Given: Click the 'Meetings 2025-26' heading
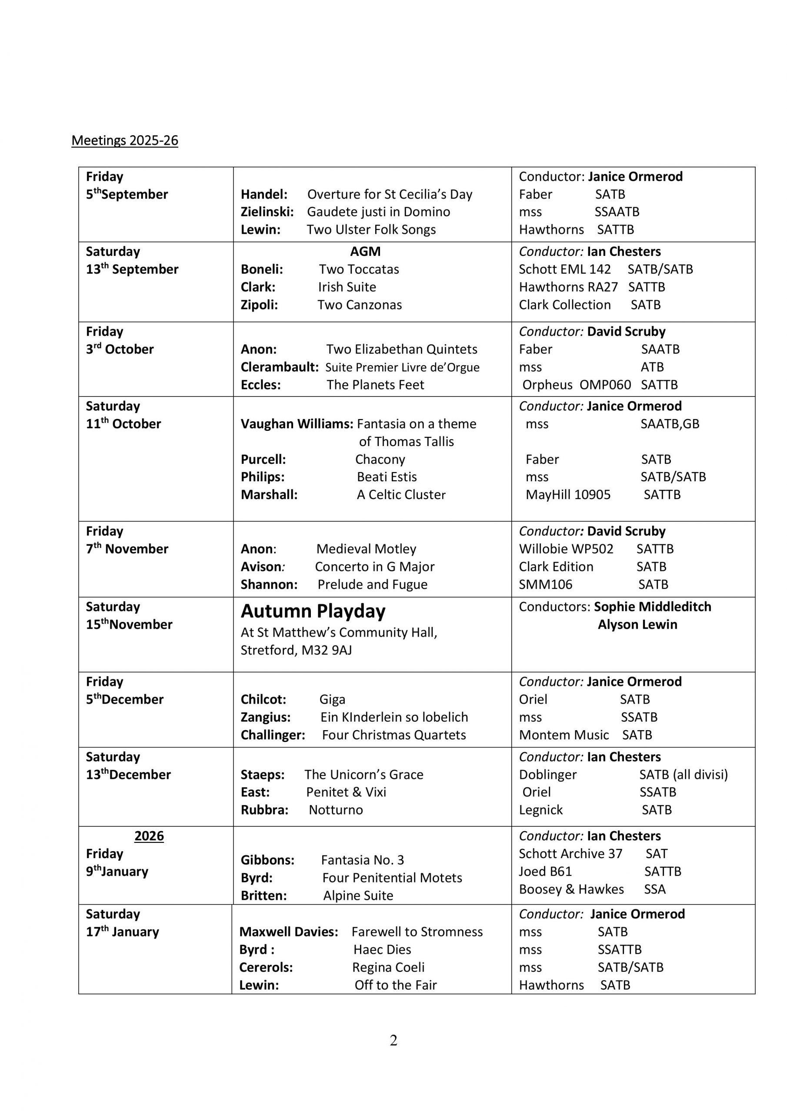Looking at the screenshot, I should point(125,140).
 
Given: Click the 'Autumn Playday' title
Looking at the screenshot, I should point(313,611).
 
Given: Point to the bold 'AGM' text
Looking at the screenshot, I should point(365,252).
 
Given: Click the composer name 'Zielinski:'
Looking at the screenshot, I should point(267,211).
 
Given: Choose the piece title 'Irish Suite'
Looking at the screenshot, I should point(347,287).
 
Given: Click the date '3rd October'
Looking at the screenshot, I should point(120,349).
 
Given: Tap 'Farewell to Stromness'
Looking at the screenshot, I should point(417,932).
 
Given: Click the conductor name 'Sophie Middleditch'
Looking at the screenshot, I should point(652,607).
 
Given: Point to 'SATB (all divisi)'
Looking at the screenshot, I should point(683,775).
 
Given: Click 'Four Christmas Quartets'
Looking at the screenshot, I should point(394,735).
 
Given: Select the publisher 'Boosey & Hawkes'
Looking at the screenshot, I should point(571,889).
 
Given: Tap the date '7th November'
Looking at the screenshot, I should point(127,549).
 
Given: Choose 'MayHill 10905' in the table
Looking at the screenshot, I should point(568,494).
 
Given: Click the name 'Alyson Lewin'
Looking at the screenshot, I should point(637,624).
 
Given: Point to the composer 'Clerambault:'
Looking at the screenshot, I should point(280,367).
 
